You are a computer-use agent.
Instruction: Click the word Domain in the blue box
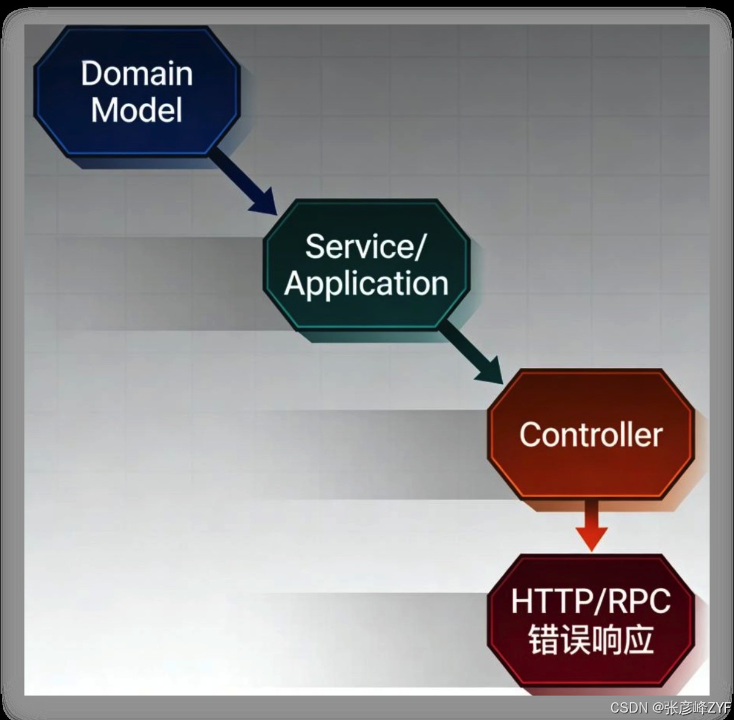pos(136,73)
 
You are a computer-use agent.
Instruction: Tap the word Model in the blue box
pos(136,110)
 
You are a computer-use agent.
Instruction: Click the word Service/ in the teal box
pos(365,247)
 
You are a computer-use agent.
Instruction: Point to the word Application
pos(366,284)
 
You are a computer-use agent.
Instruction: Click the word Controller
pos(591,435)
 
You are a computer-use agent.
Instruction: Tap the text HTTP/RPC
pos(591,601)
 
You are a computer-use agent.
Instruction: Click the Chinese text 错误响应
pos(591,640)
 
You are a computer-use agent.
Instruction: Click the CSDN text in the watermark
pos(629,708)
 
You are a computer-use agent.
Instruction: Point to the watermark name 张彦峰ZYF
pos(697,708)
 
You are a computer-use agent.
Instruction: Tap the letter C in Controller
pos(529,435)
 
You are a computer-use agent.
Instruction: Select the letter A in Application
pos(295,284)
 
